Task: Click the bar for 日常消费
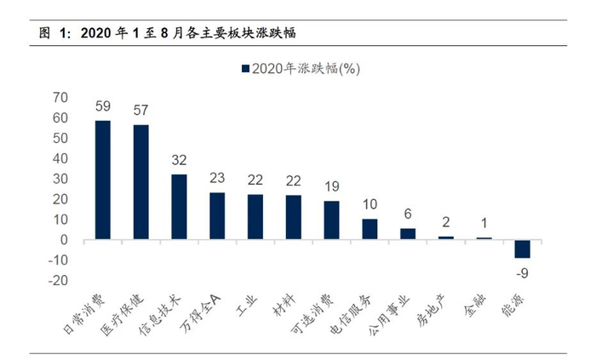click(x=102, y=180)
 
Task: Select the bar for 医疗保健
click(x=140, y=182)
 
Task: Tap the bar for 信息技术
click(x=179, y=207)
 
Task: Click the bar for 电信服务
click(x=370, y=230)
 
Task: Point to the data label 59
click(x=102, y=108)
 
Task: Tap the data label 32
click(x=179, y=161)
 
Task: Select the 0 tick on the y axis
click(x=64, y=240)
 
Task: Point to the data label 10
click(x=370, y=205)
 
